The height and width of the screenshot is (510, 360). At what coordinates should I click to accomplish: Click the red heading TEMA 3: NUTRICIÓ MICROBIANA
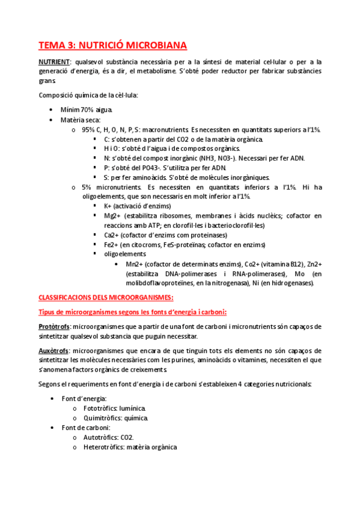(x=113, y=45)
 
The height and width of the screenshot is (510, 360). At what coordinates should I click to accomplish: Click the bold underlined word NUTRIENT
(x=53, y=62)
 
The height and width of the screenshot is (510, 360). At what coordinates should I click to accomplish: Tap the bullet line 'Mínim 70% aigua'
(x=86, y=110)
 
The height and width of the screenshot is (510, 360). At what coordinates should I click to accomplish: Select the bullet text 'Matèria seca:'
(x=81, y=120)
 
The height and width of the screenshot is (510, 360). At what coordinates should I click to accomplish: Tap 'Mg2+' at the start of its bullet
(x=110, y=216)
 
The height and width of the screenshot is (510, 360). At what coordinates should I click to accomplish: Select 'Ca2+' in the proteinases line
(x=111, y=235)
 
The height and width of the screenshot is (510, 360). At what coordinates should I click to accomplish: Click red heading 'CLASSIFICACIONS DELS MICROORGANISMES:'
(x=106, y=298)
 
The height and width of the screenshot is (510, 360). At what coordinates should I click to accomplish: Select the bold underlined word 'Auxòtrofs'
(x=53, y=351)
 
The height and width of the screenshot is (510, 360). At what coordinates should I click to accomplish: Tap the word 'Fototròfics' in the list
(x=101, y=408)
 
